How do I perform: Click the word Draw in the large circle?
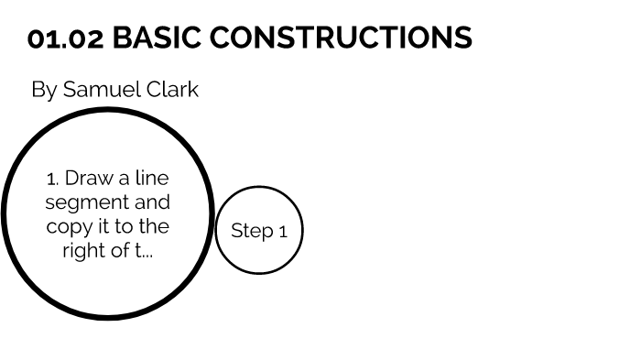point(87,178)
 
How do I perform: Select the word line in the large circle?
point(153,178)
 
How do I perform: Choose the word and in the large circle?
point(149,202)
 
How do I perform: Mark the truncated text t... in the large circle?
point(144,250)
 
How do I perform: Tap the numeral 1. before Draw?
point(52,178)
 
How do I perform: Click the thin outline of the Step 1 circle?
point(258,187)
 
